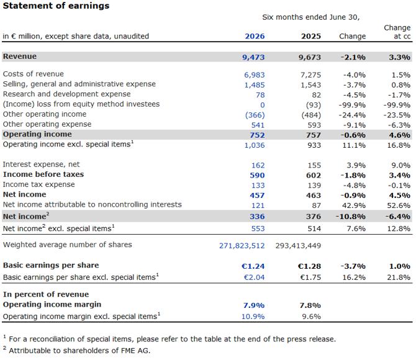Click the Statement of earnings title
pos(56,6)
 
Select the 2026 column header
pos(255,36)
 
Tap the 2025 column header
pos(311,36)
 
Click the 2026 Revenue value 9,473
pos(253,57)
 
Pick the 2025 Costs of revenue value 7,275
pos(310,75)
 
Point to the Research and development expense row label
pos(66,94)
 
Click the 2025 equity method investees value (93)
pos(314,105)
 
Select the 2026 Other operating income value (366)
pos(255,115)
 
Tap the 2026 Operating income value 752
pos(257,135)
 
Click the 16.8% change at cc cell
pos(399,145)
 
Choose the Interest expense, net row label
pos(41,164)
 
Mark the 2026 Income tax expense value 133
pos(258,185)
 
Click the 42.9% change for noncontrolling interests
pos(354,205)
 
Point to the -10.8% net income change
pos(351,217)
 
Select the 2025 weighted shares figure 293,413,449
pos(298,246)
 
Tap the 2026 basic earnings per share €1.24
pos(253,266)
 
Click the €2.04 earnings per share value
pos(254,277)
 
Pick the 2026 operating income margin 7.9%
pos(254,305)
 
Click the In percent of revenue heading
pos(46,294)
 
